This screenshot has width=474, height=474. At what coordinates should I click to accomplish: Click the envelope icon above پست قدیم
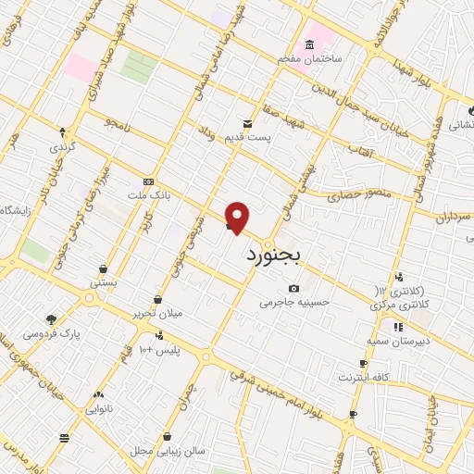point(246,123)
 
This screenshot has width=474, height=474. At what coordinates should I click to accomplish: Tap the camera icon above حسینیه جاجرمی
point(294,288)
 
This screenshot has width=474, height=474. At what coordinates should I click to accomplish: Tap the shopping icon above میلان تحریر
point(159,299)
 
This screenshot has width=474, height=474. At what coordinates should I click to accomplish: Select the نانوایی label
point(100,408)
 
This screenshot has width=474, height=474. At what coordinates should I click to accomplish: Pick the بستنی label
point(103,283)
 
